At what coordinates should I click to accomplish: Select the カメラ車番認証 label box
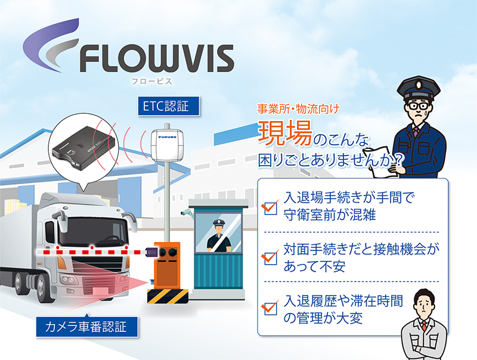pos(86,326)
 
